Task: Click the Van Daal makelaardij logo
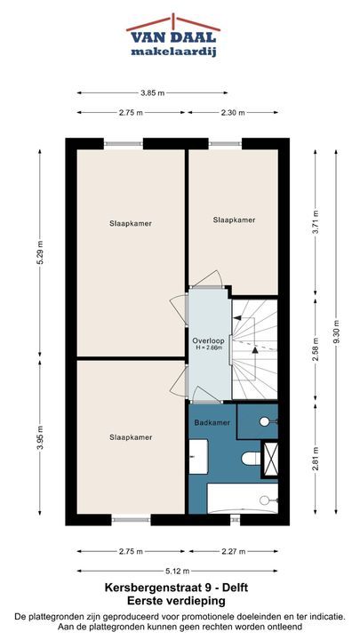click(173, 36)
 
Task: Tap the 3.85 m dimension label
click(153, 93)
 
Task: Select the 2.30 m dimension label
click(233, 113)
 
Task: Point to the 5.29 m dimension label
click(40, 252)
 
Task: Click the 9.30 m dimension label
click(336, 331)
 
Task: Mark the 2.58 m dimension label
click(316, 350)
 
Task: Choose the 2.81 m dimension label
click(316, 459)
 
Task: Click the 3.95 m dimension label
click(40, 438)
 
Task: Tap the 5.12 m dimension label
click(178, 571)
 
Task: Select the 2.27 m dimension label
click(233, 552)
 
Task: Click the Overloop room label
click(208, 340)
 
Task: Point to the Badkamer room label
click(212, 423)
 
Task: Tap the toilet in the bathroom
click(251, 458)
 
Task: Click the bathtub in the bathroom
click(243, 498)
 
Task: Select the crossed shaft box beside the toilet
click(270, 460)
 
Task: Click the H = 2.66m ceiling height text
click(208, 348)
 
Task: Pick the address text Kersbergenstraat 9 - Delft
click(176, 588)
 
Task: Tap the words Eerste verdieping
click(176, 601)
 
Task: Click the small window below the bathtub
click(235, 520)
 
